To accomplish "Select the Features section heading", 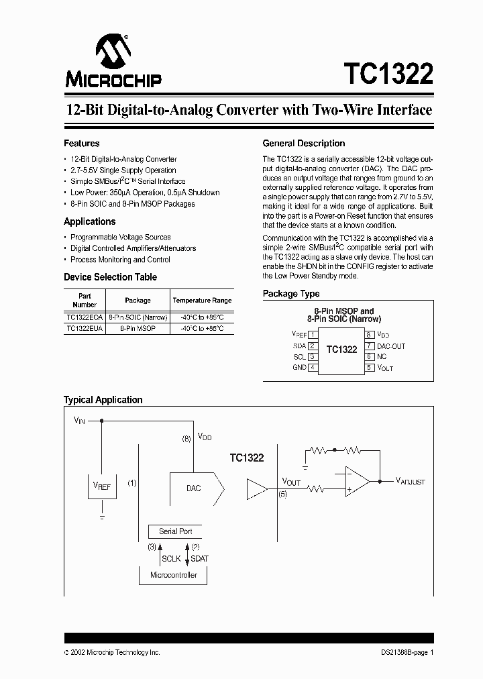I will [82, 144].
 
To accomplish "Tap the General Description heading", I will [303, 144].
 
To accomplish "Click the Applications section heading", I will [89, 221].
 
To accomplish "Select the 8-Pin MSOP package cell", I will [138, 329].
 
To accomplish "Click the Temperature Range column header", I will [202, 301].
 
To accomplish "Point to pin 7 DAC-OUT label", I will [391, 346].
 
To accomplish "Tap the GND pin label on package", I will [299, 368].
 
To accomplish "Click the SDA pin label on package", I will [299, 346].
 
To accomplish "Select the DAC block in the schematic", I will [196, 488].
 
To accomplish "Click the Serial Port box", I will [176, 531].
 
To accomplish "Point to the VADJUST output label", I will [410, 481].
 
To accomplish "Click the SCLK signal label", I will [171, 558].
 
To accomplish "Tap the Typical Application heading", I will [103, 400].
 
